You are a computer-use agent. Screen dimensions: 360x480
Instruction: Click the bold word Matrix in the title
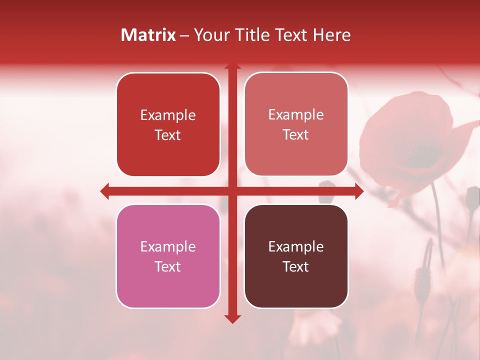point(148,35)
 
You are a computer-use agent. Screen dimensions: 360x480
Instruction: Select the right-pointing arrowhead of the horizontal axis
point(359,191)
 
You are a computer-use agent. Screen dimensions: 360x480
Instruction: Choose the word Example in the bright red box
point(168,115)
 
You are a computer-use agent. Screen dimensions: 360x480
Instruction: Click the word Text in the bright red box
point(168,135)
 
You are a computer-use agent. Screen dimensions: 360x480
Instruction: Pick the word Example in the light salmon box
point(296,115)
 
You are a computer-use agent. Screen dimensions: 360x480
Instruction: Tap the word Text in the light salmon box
point(296,134)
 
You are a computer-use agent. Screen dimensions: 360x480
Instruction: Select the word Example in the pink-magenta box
point(168,247)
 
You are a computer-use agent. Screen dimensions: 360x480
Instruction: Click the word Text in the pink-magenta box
point(168,266)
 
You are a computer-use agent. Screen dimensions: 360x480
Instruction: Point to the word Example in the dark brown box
point(296,247)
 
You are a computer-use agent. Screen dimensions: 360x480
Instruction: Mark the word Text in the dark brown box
point(296,266)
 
